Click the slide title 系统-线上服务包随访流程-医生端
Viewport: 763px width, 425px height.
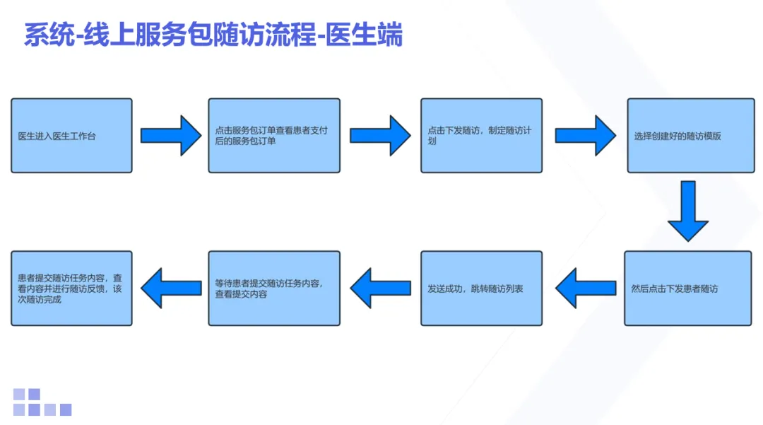pos(213,34)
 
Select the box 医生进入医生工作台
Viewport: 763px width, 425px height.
pos(71,135)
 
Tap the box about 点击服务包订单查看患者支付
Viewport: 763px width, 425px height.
pos(274,135)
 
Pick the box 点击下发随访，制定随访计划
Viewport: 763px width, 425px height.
pos(481,135)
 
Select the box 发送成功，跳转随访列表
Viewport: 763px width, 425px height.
pos(481,288)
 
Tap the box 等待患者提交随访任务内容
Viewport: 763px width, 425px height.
pos(274,288)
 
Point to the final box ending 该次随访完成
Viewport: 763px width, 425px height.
pos(71,288)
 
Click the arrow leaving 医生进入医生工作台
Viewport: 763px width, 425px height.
pos(171,135)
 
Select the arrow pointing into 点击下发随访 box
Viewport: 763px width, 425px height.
pos(380,135)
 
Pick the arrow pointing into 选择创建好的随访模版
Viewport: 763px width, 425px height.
pos(585,135)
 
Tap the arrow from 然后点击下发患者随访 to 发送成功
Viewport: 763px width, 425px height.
pos(585,288)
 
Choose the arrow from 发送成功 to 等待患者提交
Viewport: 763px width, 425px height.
pos(380,288)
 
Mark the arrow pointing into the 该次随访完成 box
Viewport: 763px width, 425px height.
pos(171,288)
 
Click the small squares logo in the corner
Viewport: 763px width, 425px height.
pos(42,402)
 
